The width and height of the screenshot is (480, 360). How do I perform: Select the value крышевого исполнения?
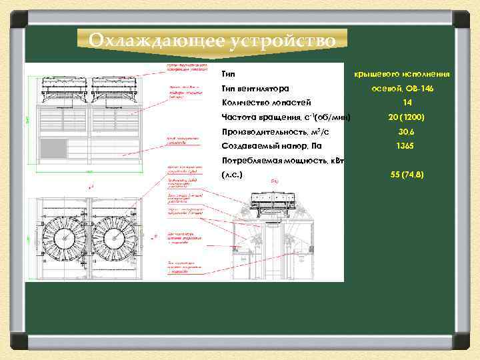click(401, 73)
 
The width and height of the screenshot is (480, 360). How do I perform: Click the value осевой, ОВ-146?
click(402, 88)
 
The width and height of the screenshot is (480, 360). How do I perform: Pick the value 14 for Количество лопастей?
click(407, 103)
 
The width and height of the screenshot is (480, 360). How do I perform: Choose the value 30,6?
click(407, 132)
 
